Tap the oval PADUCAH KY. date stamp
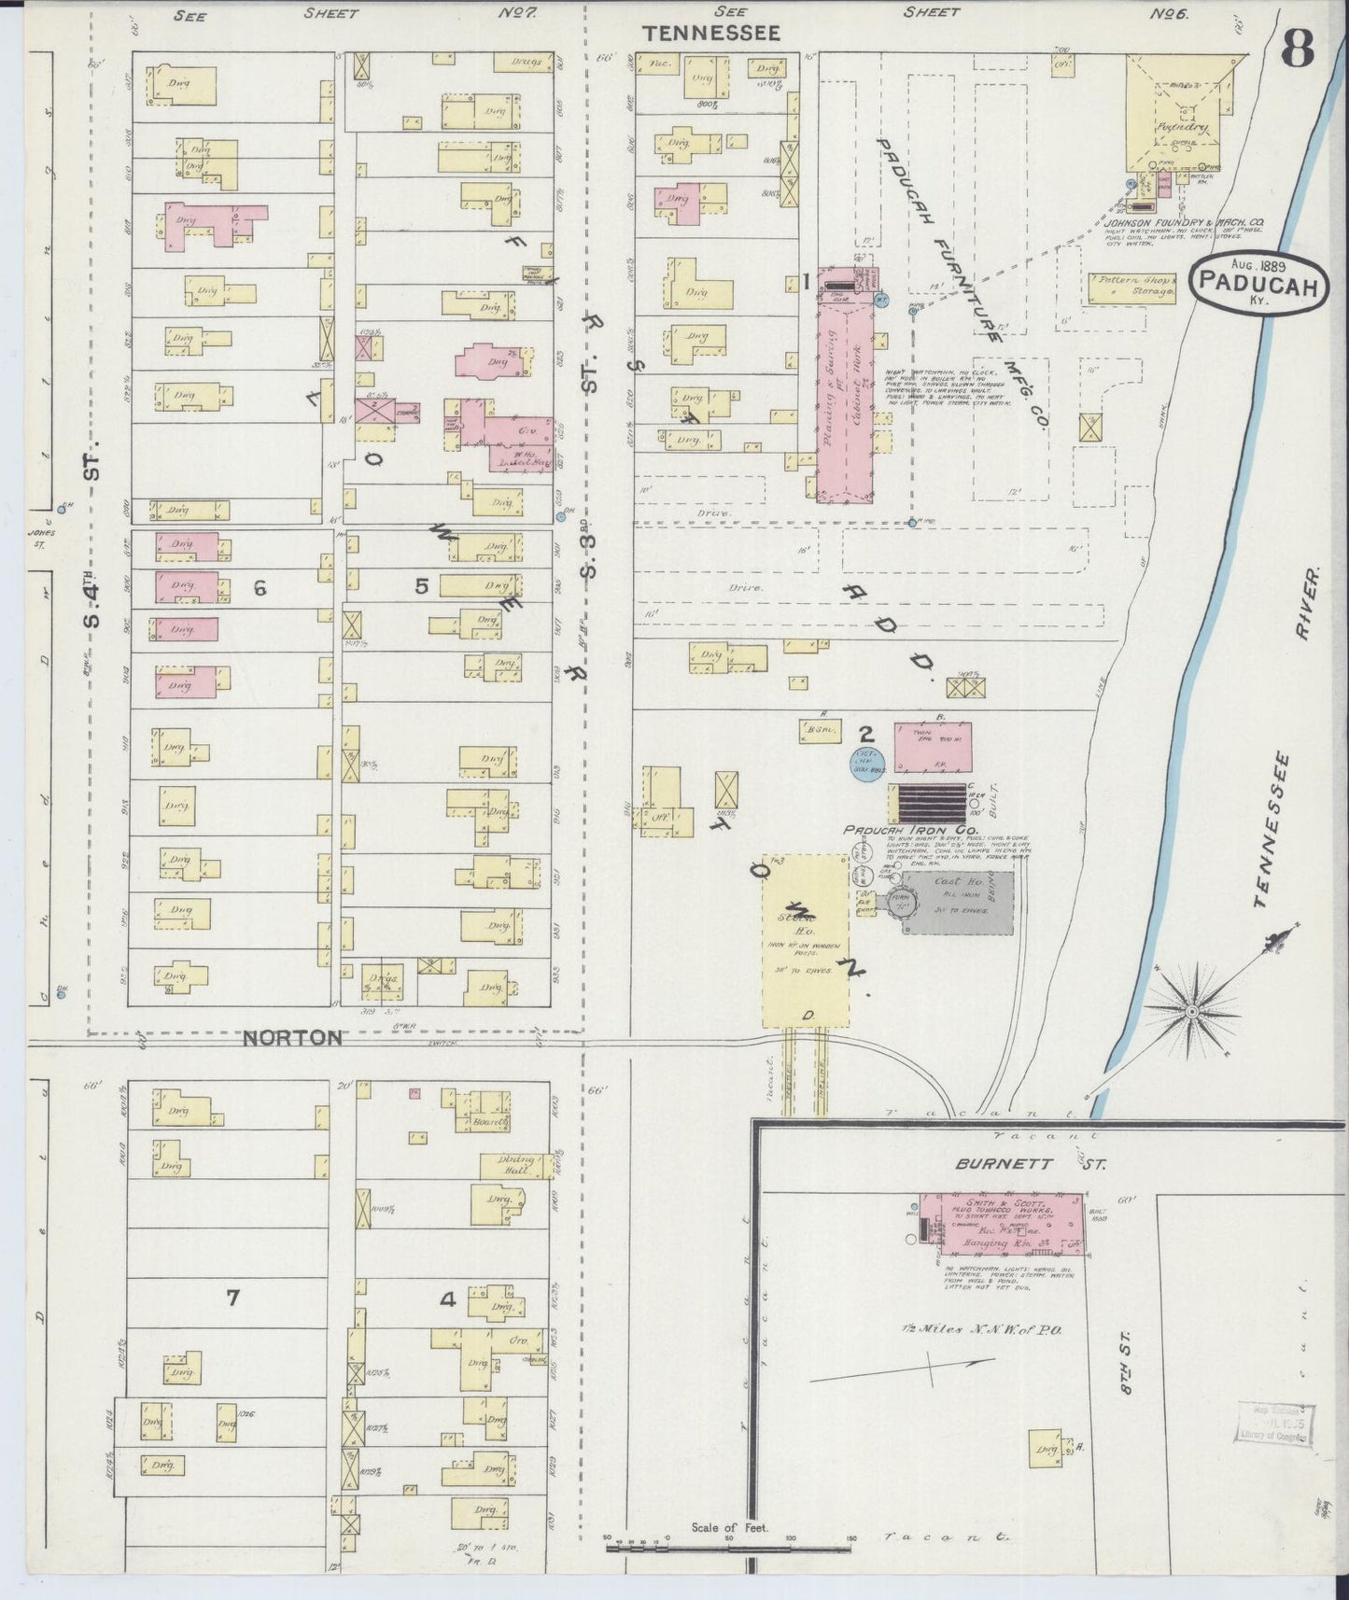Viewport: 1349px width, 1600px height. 1258,283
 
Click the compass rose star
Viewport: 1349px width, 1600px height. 1192,1011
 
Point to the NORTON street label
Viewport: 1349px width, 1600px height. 294,1037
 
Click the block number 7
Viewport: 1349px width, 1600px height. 232,1297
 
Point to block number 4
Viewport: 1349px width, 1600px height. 447,1298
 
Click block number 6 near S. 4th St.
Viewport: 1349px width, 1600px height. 260,587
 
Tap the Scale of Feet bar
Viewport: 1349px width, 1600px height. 728,1547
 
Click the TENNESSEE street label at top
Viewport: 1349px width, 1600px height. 710,34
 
